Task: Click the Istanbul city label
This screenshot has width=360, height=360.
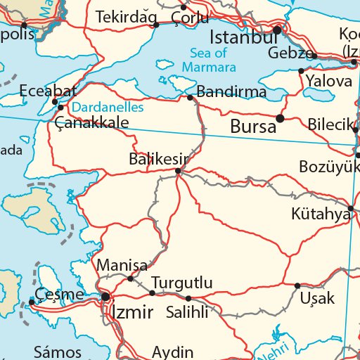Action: (x=243, y=37)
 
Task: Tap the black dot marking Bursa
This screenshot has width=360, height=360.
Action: (x=280, y=118)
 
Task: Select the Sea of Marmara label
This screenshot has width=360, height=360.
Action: (x=208, y=60)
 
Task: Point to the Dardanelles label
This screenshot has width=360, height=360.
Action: (x=108, y=108)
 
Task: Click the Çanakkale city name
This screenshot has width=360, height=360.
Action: (x=92, y=122)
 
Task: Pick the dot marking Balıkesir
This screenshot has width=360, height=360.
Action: (x=178, y=170)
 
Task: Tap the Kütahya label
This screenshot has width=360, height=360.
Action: (x=321, y=213)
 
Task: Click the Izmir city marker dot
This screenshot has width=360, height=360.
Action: (x=105, y=297)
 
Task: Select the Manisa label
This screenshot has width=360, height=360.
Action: (x=122, y=266)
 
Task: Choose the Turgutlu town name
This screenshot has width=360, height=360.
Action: (x=181, y=283)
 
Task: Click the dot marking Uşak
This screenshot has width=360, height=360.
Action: (x=297, y=285)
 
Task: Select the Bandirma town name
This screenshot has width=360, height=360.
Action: (x=231, y=91)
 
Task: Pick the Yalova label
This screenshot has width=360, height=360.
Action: (x=328, y=81)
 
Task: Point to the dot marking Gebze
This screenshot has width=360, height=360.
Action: (x=314, y=56)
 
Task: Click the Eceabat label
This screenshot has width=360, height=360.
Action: (x=48, y=91)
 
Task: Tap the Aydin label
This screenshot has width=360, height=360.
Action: (x=172, y=352)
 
